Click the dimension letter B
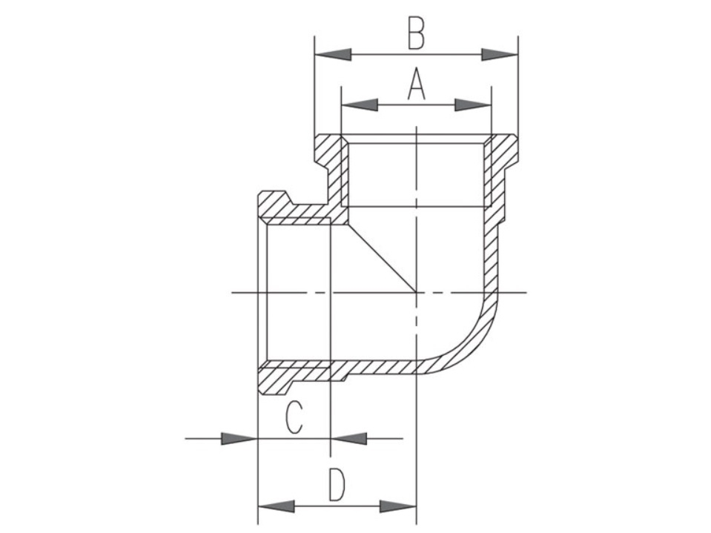coord(416,33)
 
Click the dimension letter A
coord(416,84)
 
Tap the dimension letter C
coord(294,417)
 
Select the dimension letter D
coord(337,485)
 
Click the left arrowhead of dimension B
coord(333,55)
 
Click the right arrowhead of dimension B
coord(499,55)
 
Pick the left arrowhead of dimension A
coord(359,105)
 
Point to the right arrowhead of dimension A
coord(473,105)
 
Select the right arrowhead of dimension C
coord(348,439)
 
